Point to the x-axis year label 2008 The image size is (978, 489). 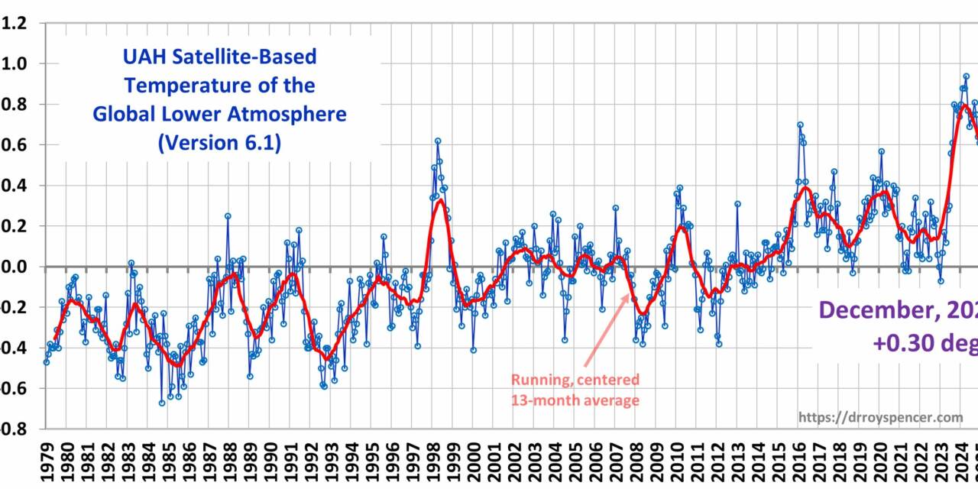[x=637, y=462]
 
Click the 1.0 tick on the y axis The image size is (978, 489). [x=15, y=63]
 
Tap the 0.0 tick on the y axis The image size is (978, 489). [x=15, y=267]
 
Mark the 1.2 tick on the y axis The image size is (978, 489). [x=15, y=23]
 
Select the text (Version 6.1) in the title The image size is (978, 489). [x=219, y=143]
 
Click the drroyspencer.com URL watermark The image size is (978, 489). [x=880, y=417]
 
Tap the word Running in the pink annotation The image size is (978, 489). [x=540, y=380]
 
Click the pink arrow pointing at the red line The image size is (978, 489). [x=607, y=329]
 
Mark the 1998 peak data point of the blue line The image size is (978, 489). [x=438, y=141]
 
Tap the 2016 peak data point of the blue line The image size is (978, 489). [x=800, y=125]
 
